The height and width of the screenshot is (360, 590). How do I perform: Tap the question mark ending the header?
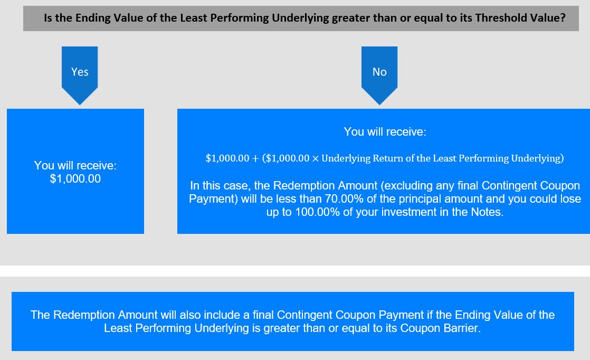click(563, 17)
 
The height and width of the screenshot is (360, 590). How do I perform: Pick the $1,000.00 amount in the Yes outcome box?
click(75, 179)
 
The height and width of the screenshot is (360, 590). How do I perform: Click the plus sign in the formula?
click(255, 159)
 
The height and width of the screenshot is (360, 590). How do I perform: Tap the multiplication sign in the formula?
click(316, 159)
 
